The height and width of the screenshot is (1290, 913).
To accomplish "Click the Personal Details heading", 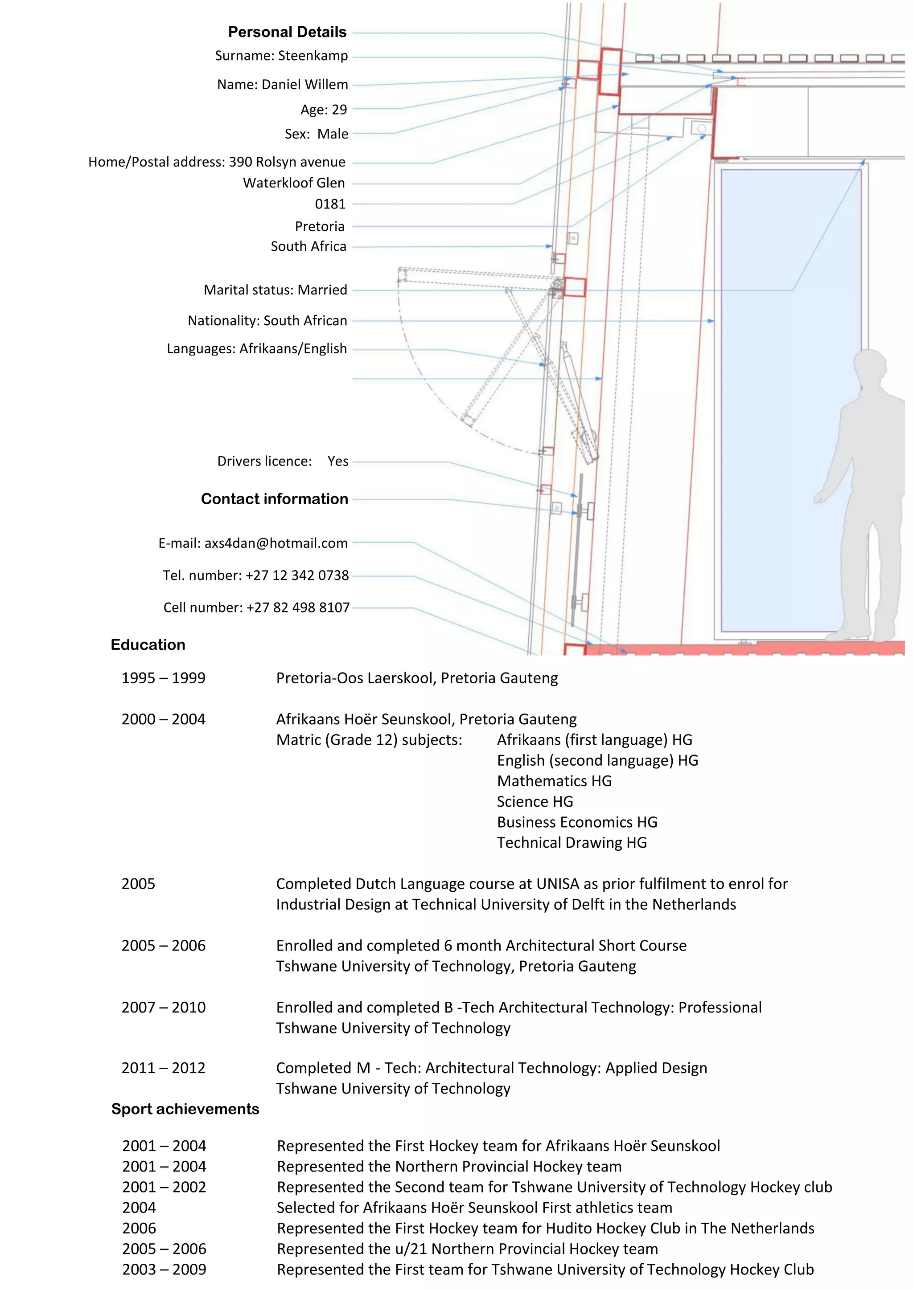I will point(287,32).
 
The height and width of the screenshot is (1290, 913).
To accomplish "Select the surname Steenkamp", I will point(313,56).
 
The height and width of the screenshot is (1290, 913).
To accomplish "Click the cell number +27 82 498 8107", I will point(297,607).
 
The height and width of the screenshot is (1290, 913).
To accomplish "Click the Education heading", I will point(148,645).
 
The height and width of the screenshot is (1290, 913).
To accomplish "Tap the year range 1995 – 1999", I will point(163,678).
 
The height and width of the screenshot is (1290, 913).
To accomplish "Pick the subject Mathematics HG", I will point(554,780).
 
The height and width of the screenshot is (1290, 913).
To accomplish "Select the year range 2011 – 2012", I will point(163,1068).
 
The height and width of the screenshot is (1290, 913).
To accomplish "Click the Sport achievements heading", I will point(185,1109).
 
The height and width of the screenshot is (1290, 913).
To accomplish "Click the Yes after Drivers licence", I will point(338,461).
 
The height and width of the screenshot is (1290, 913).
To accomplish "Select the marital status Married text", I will point(322,290).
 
